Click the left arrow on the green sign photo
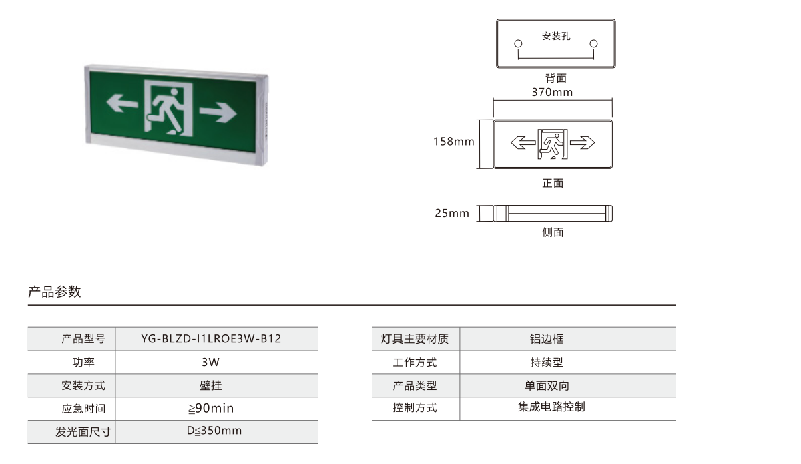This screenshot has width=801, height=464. tap(122, 103)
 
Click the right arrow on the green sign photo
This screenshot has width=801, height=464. tap(218, 112)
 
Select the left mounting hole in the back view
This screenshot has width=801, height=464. tap(518, 43)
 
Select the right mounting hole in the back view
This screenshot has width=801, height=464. tap(593, 43)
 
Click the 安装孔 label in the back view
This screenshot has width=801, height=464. tap(556, 36)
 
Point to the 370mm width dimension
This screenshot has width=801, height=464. tap(552, 92)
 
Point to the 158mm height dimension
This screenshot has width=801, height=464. tap(454, 142)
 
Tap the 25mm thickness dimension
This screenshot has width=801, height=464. tap(452, 213)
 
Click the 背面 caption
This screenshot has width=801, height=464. tap(555, 78)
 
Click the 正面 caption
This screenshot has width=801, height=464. tap(553, 183)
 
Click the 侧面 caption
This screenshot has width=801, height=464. tap(553, 232)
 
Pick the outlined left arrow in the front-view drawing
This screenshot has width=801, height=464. tap(523, 142)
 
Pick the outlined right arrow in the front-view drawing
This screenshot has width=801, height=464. tap(583, 142)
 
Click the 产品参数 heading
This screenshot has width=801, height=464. tap(55, 292)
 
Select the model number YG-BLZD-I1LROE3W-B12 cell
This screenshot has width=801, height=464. tap(211, 338)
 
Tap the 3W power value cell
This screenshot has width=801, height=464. tap(211, 362)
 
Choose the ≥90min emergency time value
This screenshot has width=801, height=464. tap(211, 408)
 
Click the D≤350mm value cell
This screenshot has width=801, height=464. tap(214, 431)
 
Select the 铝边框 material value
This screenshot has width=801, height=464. tap(547, 338)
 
